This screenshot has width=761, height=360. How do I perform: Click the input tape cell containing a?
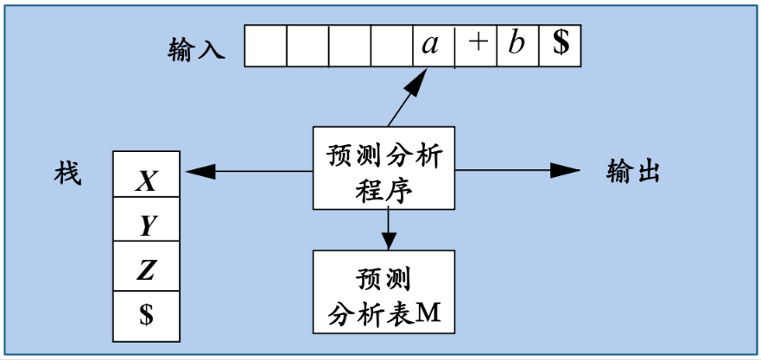pyautogui.click(x=433, y=46)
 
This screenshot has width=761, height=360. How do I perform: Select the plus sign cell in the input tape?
pyautogui.click(x=475, y=46)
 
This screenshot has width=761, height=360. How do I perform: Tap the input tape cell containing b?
pyautogui.click(x=517, y=46)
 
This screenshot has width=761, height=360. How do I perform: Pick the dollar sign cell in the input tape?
pyautogui.click(x=560, y=46)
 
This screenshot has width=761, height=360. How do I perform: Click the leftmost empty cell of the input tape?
pyautogui.click(x=265, y=46)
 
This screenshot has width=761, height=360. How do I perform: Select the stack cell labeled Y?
pyautogui.click(x=148, y=226)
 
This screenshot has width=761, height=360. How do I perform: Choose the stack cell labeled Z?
pyautogui.click(x=148, y=271)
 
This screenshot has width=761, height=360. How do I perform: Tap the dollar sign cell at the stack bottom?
pyautogui.click(x=148, y=316)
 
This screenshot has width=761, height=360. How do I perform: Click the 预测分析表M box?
pyautogui.click(x=384, y=292)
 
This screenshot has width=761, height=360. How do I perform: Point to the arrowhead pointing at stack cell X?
pyautogui.click(x=194, y=172)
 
